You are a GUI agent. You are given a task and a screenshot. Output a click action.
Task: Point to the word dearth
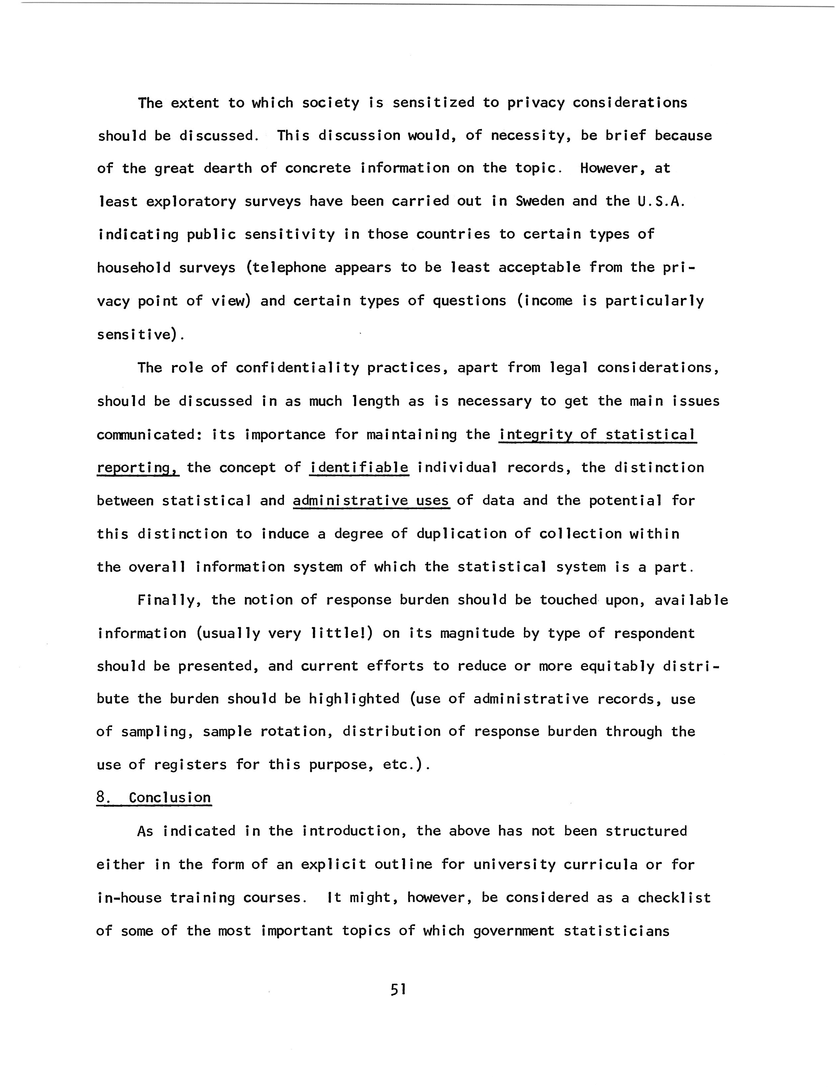click(x=227, y=168)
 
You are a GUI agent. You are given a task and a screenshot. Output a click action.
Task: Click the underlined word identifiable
click(x=359, y=468)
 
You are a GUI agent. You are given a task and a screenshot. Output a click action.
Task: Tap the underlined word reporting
click(x=137, y=468)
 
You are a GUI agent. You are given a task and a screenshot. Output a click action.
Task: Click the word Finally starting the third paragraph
click(x=169, y=600)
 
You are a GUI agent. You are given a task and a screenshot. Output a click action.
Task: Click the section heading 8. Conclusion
click(x=154, y=797)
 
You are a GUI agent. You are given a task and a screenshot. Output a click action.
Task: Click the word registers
click(x=190, y=764)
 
